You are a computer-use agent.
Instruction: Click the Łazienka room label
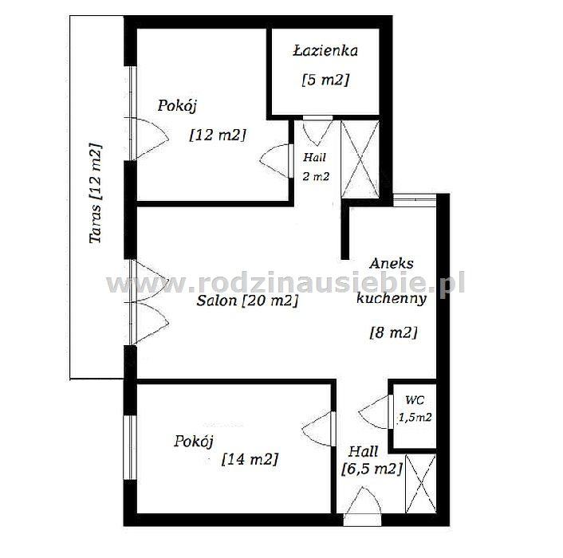click(x=325, y=50)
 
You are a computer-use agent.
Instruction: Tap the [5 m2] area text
click(x=325, y=79)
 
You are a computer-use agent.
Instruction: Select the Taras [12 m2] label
click(x=96, y=194)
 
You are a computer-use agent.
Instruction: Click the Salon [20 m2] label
click(x=247, y=301)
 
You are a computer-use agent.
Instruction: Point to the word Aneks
click(x=392, y=264)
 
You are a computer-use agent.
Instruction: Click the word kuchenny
click(x=392, y=299)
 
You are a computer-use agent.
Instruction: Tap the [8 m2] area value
click(x=393, y=332)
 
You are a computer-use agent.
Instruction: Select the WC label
click(x=415, y=399)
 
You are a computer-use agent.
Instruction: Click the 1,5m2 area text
click(x=415, y=417)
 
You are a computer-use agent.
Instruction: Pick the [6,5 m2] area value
click(x=372, y=469)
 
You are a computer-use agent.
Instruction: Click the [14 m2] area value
click(x=250, y=458)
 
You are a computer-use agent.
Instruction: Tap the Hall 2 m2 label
click(x=315, y=167)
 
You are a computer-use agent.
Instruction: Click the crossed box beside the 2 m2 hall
click(x=360, y=159)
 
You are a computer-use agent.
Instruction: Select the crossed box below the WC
click(x=420, y=483)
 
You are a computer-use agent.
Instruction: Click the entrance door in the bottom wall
click(x=362, y=507)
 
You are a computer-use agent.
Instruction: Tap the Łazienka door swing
click(x=317, y=131)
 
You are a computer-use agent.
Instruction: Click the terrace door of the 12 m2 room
click(x=148, y=139)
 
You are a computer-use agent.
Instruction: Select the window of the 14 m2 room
click(x=130, y=447)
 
